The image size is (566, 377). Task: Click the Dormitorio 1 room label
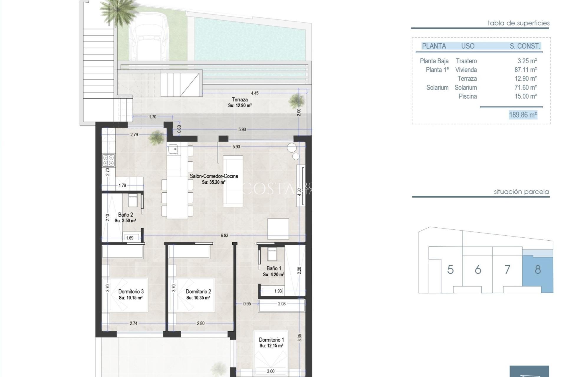tap(271, 340)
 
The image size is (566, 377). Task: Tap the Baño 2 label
tap(125, 215)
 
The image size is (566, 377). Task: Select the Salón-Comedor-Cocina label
tap(214, 176)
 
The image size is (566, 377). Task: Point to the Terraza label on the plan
tap(240, 100)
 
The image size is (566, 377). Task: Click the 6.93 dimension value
tap(224, 235)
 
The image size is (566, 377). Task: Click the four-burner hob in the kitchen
tap(108, 161)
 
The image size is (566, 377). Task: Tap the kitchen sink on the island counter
tap(173, 149)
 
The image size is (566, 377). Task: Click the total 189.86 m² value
tap(523, 115)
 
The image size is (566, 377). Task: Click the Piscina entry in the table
tap(468, 96)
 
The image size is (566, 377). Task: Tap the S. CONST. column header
tap(525, 46)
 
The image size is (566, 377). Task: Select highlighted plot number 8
tap(538, 269)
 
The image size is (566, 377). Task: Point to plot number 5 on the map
tap(450, 269)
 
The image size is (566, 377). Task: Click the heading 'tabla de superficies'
tap(518, 23)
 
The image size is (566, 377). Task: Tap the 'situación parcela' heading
tap(521, 192)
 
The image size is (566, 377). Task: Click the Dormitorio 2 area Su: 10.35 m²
tap(198, 298)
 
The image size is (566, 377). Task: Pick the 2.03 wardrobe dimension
tap(282, 304)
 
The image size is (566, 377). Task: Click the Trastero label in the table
tap(466, 61)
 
